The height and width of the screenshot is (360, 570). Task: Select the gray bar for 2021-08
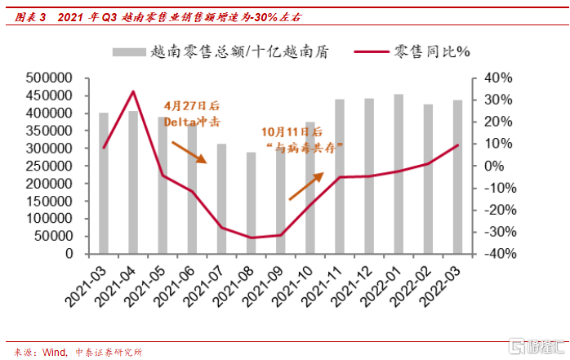pos(251,203)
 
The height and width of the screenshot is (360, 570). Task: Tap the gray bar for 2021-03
pos(105,184)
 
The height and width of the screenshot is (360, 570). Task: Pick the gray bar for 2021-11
pos(338,176)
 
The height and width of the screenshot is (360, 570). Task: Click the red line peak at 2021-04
pos(133,91)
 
